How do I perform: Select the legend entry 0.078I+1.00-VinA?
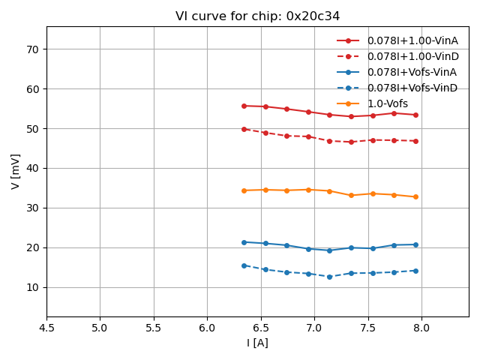(412, 40)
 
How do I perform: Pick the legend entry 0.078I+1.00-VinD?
(412, 56)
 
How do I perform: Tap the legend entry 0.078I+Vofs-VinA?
(412, 72)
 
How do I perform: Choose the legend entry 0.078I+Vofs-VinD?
(412, 88)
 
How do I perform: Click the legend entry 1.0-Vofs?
(387, 103)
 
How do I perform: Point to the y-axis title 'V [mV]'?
(16, 171)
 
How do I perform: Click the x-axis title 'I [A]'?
(257, 343)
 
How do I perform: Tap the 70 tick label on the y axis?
(32, 49)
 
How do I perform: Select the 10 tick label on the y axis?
(32, 287)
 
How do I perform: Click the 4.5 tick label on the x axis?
(46, 328)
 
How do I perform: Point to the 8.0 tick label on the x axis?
(421, 328)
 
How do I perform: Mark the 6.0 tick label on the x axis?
(207, 328)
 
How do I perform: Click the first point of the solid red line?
(244, 106)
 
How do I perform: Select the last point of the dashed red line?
(415, 141)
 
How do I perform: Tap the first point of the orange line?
(244, 190)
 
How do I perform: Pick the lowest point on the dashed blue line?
(329, 277)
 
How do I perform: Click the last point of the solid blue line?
(415, 244)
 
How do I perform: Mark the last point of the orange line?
(415, 196)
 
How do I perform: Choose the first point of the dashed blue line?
(244, 265)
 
